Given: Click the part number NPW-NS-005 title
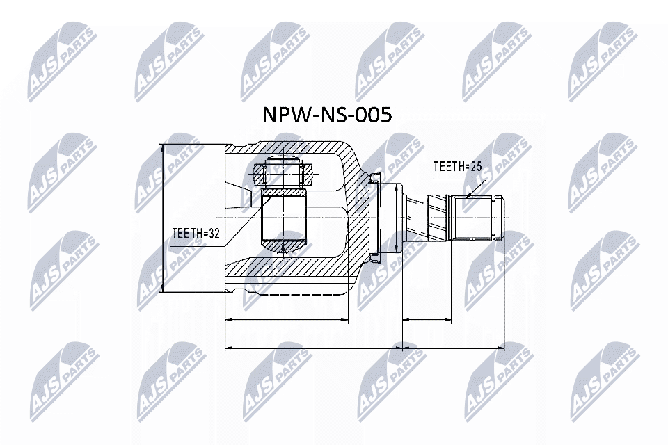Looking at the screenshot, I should [326, 115].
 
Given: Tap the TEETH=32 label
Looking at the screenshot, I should [196, 234].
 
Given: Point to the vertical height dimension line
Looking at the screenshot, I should [162, 218].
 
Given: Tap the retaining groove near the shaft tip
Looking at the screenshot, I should [495, 218].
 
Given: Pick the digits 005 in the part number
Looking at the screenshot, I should [372, 115].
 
